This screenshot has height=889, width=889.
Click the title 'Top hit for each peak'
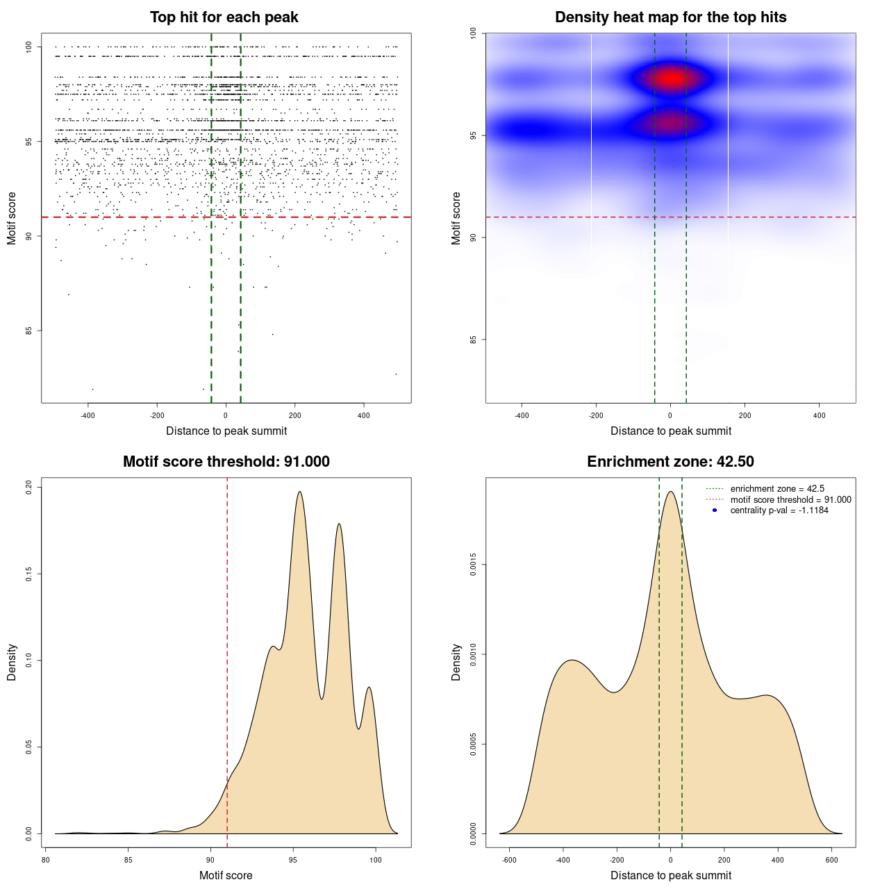224,17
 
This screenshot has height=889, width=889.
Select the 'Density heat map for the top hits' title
670,17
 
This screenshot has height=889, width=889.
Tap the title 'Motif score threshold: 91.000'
226,462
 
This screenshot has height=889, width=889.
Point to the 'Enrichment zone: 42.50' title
670,462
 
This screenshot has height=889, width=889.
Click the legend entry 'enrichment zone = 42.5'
777,489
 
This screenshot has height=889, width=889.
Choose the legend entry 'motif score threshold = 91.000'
790,500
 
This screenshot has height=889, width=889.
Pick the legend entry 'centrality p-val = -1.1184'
779,510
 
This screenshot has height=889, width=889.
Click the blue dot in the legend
715,510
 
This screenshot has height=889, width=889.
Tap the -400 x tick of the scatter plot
88,416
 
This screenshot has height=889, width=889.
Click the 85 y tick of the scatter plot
29,331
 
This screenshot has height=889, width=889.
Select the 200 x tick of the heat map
745,416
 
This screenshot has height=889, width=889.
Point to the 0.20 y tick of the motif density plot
29,487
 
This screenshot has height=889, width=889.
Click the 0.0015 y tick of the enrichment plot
474,565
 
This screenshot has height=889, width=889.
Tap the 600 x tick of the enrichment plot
831,861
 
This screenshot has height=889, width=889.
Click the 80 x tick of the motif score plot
45,861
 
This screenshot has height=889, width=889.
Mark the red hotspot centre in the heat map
671,78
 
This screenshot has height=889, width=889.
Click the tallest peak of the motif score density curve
299,492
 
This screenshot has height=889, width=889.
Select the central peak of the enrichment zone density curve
670,492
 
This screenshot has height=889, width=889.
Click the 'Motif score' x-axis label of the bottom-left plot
226,876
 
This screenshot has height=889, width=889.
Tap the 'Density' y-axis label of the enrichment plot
456,662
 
